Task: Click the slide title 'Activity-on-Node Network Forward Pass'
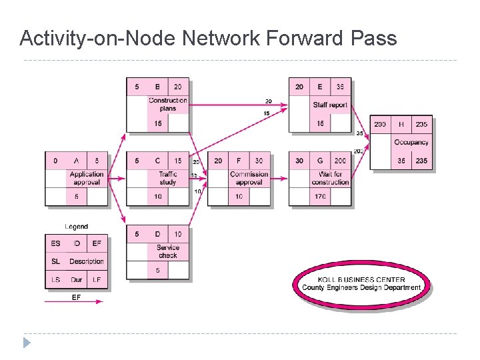pos(208,38)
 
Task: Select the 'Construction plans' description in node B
pos(168,104)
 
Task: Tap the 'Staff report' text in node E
pos(330,105)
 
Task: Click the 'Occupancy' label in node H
pos(411,142)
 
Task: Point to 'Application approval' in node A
pos(87,178)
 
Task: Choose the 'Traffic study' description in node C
pos(168,178)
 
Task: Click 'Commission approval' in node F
pos(249,178)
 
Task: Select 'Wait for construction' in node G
pos(330,178)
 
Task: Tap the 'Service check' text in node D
pos(168,251)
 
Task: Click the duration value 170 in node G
pos(320,197)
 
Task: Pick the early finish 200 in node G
pos(341,161)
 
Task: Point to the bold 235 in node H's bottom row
pos(421,161)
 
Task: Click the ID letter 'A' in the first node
pos(77,161)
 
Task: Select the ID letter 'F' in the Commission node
pos(239,161)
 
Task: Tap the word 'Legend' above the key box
pos(77,227)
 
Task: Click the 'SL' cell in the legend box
pos(56,261)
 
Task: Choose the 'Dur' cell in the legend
pos(77,280)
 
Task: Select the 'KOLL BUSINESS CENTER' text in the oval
pos(361,279)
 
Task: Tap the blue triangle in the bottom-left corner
pos(27,343)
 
